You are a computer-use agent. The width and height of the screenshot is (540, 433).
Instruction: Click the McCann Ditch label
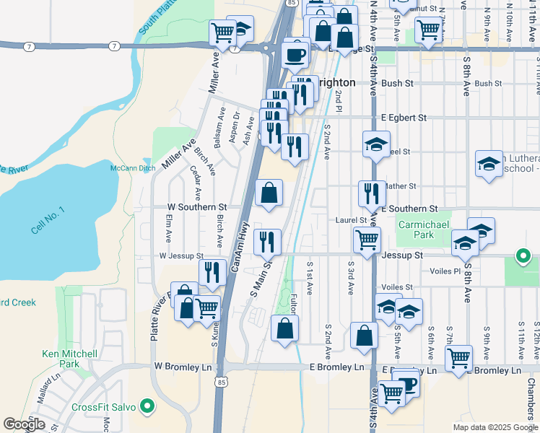[x=132, y=168]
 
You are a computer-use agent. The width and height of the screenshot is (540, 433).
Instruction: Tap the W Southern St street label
[x=197, y=207]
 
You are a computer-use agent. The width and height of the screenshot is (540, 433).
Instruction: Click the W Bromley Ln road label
[x=183, y=367]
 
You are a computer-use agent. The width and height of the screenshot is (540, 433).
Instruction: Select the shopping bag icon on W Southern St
[x=269, y=193]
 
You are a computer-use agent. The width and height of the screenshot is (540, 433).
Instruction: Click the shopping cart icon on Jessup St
[x=367, y=239]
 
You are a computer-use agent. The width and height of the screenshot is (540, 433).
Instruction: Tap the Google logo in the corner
[x=24, y=424]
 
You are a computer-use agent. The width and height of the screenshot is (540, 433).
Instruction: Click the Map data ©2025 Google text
[x=495, y=427]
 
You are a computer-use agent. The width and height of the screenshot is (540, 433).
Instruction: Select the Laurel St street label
[x=352, y=220]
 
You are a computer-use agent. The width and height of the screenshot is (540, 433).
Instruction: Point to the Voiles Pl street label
[x=446, y=271]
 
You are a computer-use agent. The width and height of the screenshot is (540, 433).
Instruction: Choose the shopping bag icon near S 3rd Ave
[x=364, y=335]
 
